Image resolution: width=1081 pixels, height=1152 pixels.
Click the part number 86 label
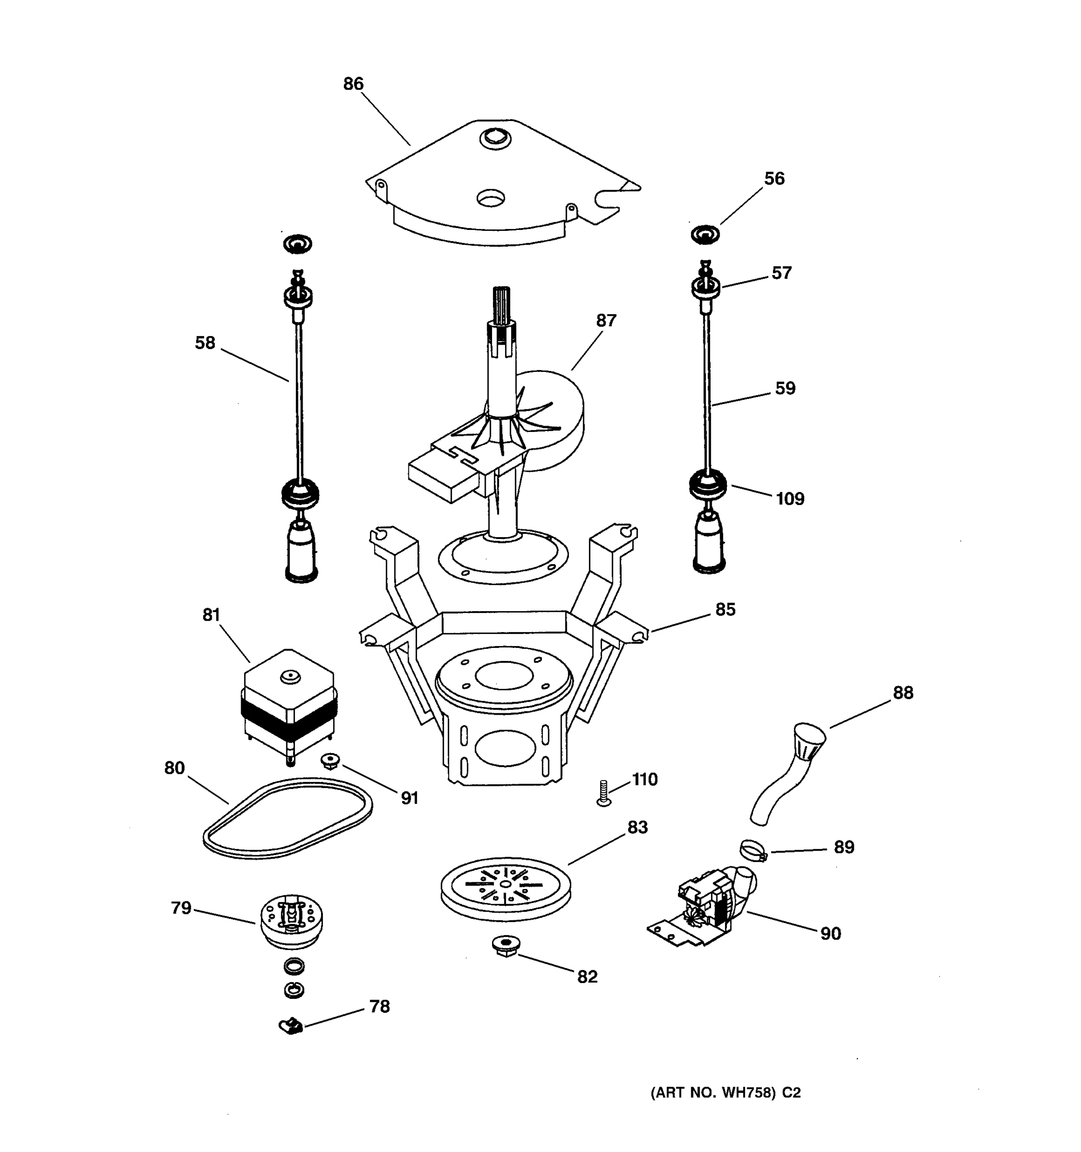point(353,84)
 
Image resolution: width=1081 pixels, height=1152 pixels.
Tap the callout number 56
point(774,179)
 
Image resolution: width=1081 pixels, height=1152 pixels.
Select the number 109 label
point(789,499)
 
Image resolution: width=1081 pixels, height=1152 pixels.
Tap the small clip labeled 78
point(292,1026)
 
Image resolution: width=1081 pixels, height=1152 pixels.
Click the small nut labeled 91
point(330,760)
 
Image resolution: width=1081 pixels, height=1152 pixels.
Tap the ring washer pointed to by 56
point(705,235)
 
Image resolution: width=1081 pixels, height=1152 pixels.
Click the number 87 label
point(606,321)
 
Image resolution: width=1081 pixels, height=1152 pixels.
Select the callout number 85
point(725,610)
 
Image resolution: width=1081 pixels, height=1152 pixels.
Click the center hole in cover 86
point(491,199)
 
